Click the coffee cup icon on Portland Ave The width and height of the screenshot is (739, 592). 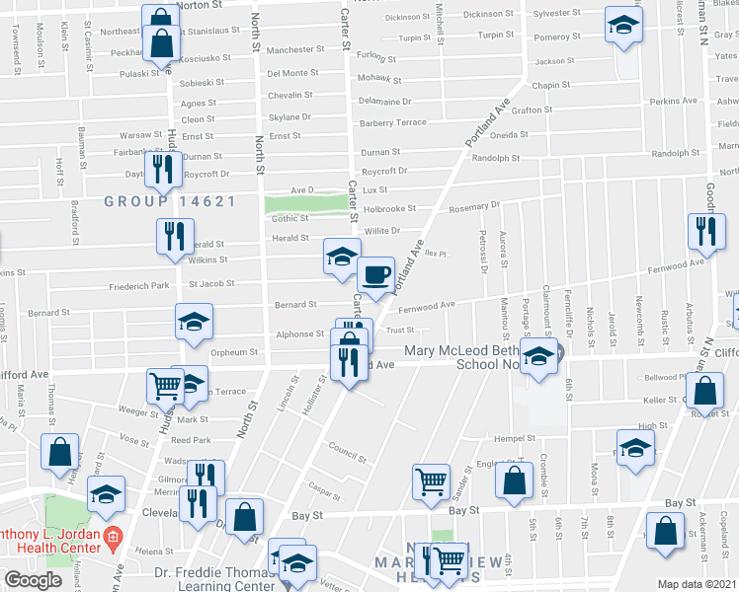click(374, 273)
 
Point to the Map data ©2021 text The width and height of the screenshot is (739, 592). click(698, 584)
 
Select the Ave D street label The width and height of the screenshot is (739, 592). click(301, 189)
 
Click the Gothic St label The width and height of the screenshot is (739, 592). click(290, 219)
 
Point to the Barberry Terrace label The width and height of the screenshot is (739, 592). click(393, 122)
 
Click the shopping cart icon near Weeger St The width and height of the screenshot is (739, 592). click(165, 386)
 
